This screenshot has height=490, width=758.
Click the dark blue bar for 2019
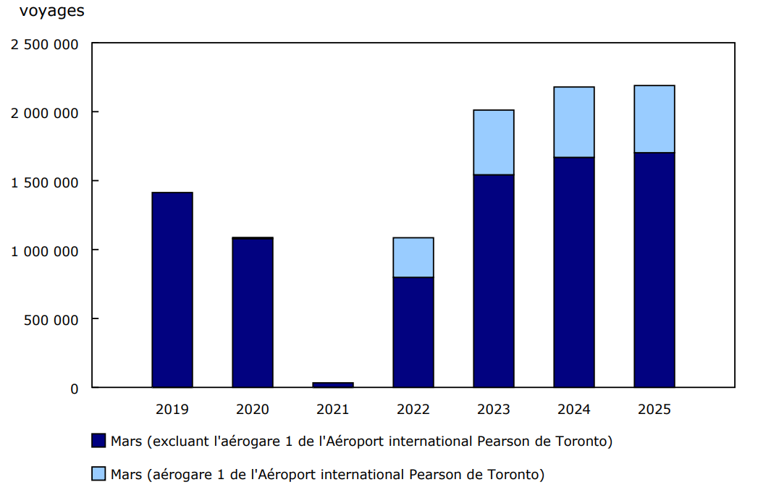[172, 290]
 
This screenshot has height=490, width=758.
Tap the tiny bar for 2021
[333, 384]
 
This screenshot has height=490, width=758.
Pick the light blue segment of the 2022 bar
[413, 258]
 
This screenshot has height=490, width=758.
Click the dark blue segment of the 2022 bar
[413, 332]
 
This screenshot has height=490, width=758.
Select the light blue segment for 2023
[494, 143]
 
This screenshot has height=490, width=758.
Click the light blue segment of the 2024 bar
[574, 122]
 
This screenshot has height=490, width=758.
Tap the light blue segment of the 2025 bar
[654, 119]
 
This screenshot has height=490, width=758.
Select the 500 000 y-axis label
[51, 319]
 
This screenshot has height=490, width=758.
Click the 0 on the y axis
[74, 389]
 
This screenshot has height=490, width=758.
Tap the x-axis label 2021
[333, 410]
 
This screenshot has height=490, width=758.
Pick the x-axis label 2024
[574, 410]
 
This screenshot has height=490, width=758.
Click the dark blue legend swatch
[99, 441]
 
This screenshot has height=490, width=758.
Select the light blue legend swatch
[99, 474]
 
